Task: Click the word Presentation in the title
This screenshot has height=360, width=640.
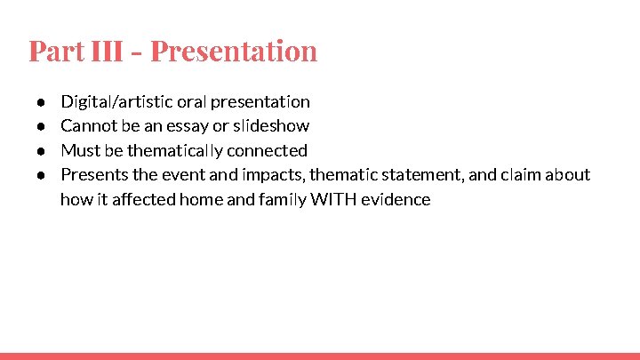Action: point(233,51)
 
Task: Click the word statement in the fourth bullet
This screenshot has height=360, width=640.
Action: point(419,175)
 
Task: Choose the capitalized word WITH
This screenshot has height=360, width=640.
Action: point(331,199)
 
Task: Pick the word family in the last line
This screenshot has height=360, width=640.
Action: point(282,199)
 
